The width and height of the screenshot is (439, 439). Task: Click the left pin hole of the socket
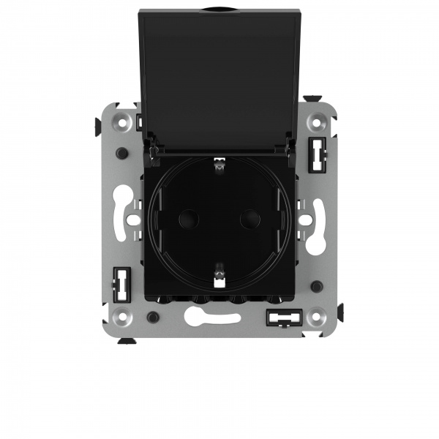coord(188,217)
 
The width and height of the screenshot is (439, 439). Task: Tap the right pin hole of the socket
coord(249,217)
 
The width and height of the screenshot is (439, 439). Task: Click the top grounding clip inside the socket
coord(217,167)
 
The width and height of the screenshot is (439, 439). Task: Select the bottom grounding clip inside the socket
coord(218,275)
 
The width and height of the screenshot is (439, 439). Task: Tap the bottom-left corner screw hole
coord(121,317)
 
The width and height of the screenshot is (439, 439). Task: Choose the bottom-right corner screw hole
coord(315,317)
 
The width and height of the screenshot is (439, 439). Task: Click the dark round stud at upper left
coord(121,154)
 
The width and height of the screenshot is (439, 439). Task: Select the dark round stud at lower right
coord(315,286)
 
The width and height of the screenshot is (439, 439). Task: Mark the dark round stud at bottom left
coord(151,317)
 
